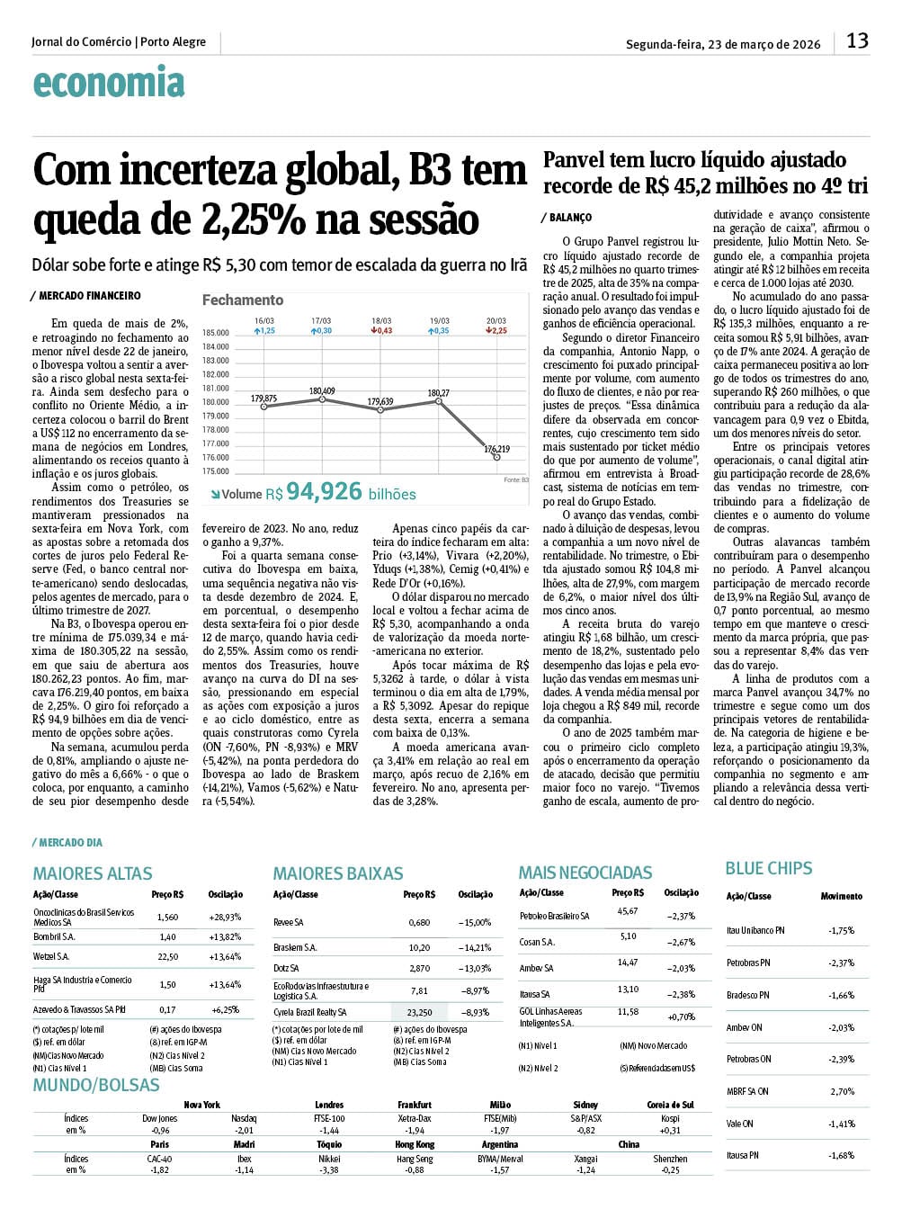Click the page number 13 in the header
pos(857,40)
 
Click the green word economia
pos(108,83)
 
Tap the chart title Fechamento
pos(243,300)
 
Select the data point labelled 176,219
pos(497,457)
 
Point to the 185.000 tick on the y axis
pos(216,333)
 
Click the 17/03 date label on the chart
pos(321,321)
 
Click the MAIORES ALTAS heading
pos(93,873)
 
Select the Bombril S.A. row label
pos(54,936)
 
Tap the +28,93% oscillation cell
pos(225,917)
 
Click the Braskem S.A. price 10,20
pos(419,947)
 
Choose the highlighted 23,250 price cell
pos(419,1012)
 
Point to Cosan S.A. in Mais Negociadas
pos(537,942)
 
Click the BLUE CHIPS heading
pos(769,869)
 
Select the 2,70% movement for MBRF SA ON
pos(842,1091)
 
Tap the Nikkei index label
pos(329,1159)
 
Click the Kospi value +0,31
pos(670,1130)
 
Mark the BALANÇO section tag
pos(569,218)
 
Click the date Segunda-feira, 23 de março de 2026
pos(723,44)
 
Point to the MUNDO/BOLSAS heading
pos(96,1085)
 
